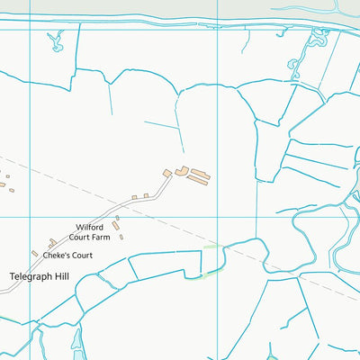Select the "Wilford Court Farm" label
pos(93,233)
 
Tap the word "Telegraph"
pos(31,275)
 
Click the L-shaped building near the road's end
pos(181,170)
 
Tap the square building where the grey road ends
pos(166,173)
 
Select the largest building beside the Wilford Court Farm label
pos(116,226)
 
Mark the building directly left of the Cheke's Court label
pos(35,254)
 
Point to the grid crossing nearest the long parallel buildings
pos(219,217)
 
